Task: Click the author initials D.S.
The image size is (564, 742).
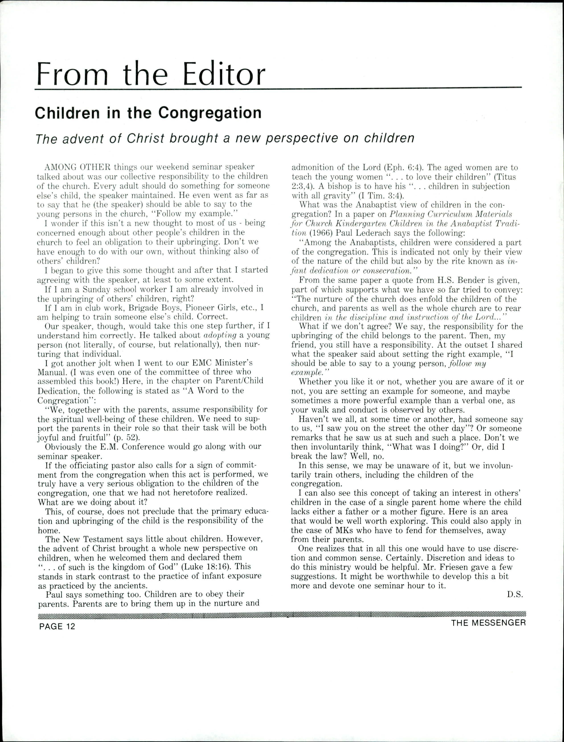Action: [515, 594]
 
